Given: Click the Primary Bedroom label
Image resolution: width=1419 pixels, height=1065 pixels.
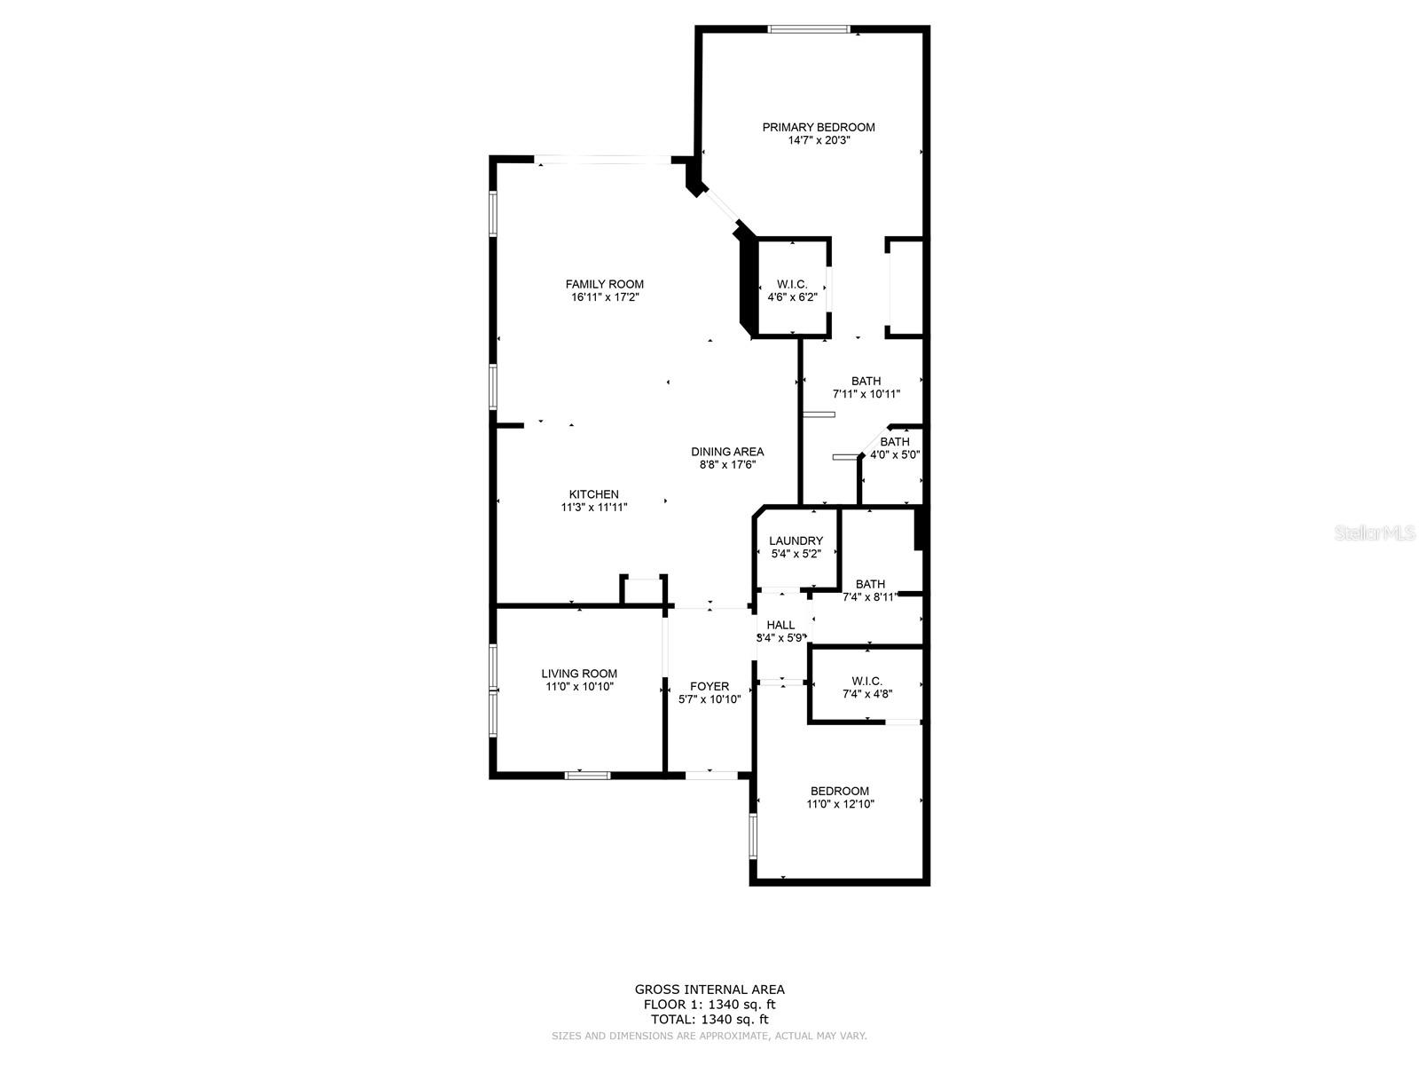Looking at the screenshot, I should coord(818,127).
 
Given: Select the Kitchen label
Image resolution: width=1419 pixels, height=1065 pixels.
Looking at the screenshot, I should coord(593,494).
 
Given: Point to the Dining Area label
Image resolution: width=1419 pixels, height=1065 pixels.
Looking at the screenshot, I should coord(727,452).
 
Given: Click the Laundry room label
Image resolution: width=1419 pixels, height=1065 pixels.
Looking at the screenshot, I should coord(796,540).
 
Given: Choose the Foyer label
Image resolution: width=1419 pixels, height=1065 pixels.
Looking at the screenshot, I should coord(709,686).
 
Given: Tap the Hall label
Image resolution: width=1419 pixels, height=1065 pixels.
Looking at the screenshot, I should coord(780,625).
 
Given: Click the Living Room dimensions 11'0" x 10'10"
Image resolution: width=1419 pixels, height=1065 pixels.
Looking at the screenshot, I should coord(579,687).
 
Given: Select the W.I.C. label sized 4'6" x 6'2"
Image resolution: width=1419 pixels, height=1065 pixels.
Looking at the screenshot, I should coord(791,284).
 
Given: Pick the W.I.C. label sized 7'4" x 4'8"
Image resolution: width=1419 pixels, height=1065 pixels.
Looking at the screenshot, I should coord(866,681).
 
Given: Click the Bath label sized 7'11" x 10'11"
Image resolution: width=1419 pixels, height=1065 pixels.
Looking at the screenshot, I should coord(866,381).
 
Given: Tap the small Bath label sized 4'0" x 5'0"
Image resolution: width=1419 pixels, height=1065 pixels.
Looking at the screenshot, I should coord(894,442).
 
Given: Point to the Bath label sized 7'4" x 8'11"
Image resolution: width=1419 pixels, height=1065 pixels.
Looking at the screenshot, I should coord(870,584).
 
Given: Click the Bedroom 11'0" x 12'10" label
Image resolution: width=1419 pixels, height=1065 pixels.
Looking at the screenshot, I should coord(839,791).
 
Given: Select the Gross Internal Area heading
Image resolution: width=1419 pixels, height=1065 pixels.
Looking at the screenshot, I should coord(709,990).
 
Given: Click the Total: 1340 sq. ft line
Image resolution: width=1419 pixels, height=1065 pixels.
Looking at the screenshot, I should coord(709,1020).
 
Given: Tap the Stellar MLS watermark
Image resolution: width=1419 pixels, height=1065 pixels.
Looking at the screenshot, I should coord(1376,533).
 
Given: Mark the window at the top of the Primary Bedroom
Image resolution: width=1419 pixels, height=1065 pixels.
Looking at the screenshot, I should coord(808,29).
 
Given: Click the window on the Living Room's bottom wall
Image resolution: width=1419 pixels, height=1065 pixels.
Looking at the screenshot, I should coord(587,776).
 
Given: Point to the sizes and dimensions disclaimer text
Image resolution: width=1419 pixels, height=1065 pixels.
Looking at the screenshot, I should coord(709,1036).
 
